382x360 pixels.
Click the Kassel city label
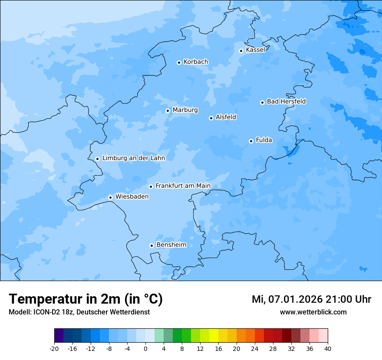pyautogui.click(x=255, y=50)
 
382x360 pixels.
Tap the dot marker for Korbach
pyautogui.click(x=179, y=62)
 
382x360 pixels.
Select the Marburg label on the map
pyautogui.click(x=185, y=110)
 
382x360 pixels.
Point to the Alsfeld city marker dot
pyautogui.click(x=211, y=118)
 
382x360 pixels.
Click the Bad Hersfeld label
pyautogui.click(x=286, y=101)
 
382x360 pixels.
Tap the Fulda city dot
pyautogui.click(x=251, y=141)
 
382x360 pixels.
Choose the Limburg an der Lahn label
pyautogui.click(x=133, y=158)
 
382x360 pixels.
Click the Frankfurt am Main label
pyautogui.click(x=183, y=186)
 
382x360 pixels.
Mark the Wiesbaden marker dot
pyautogui.click(x=110, y=197)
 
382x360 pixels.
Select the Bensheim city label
pyautogui.click(x=171, y=245)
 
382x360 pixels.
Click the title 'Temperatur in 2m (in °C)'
pyautogui.click(x=86, y=299)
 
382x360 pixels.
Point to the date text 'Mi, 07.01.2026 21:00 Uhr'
pyautogui.click(x=311, y=299)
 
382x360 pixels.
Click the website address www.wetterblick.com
pyautogui.click(x=313, y=312)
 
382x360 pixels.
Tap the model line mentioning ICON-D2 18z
pyautogui.click(x=79, y=312)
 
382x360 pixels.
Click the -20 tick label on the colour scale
pyautogui.click(x=54, y=349)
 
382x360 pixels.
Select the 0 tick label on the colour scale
pyautogui.click(x=145, y=349)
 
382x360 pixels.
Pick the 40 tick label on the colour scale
pyautogui.click(x=328, y=349)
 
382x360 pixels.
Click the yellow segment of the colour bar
pyautogui.click(x=214, y=336)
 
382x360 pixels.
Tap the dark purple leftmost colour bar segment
pyautogui.click(x=59, y=336)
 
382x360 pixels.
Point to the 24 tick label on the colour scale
pyautogui.click(x=255, y=349)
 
